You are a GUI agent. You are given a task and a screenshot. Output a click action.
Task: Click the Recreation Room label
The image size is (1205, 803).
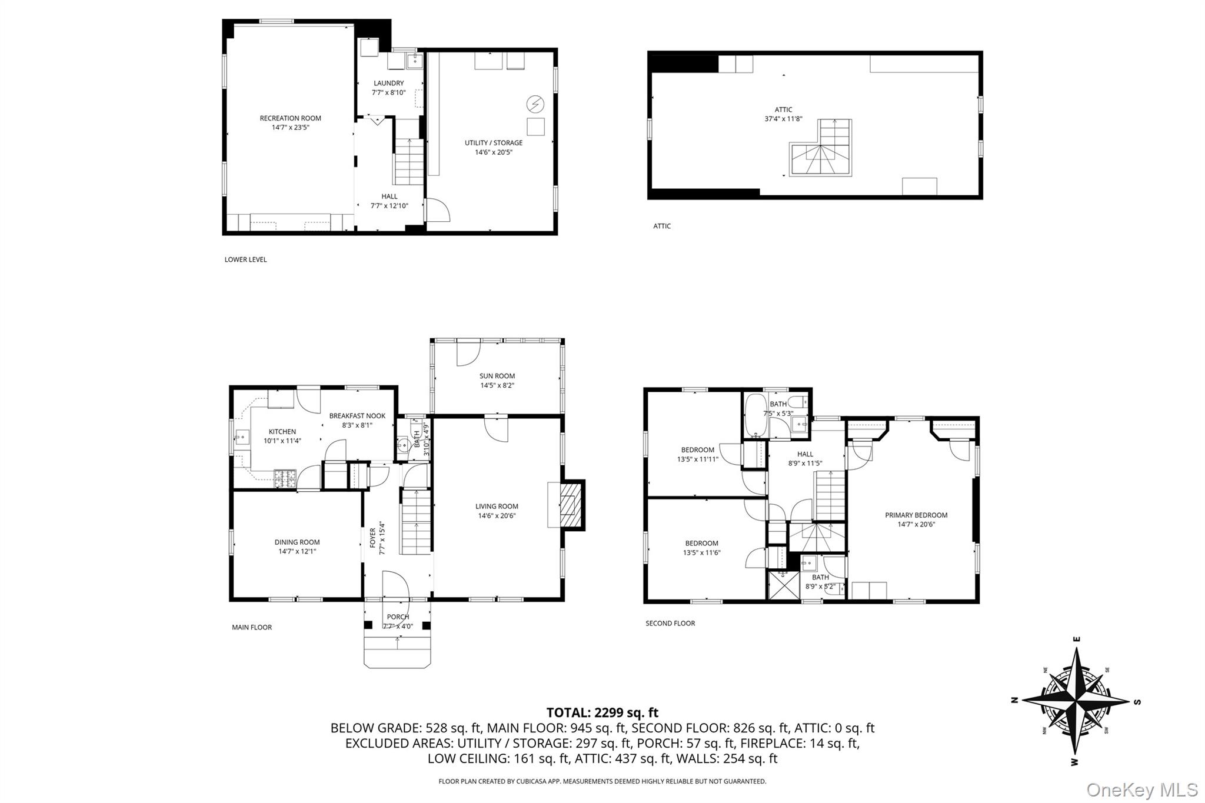tap(290, 118)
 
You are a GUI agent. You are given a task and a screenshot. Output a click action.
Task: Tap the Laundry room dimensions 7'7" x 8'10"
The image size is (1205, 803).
tap(388, 93)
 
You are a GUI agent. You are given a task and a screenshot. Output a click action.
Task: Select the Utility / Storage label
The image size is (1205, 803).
tap(493, 143)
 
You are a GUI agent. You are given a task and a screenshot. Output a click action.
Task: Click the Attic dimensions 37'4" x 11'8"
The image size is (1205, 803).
tap(783, 119)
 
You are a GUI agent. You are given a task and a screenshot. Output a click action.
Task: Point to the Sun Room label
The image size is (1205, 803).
tap(497, 376)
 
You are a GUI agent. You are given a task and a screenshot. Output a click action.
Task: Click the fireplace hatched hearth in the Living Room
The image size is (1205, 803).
tap(568, 504)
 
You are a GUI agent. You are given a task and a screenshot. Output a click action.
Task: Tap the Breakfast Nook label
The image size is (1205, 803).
tap(357, 416)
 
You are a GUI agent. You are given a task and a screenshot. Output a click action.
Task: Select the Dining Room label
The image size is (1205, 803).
tap(297, 542)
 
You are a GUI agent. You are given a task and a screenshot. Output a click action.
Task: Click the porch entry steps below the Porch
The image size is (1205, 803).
tap(397, 650)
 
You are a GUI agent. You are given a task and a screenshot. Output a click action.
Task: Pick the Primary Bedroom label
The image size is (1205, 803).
tap(916, 515)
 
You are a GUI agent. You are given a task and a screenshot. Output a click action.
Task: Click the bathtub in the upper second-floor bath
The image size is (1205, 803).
tap(754, 415)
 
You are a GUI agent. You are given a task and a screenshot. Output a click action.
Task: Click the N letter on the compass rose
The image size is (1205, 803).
tap(1014, 700)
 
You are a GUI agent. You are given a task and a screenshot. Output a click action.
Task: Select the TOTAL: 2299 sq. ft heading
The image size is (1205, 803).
tap(602, 713)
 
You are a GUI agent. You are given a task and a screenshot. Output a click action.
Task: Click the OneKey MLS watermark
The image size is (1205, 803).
tap(1141, 789)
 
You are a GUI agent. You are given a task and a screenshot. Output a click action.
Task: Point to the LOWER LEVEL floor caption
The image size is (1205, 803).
tap(245, 259)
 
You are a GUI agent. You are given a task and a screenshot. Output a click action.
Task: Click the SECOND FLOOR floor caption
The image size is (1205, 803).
tap(670, 623)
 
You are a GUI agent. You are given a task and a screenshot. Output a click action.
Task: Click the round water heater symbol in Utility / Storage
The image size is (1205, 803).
tap(535, 105)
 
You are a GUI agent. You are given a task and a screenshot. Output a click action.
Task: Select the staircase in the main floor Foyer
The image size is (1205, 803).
tap(415, 522)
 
